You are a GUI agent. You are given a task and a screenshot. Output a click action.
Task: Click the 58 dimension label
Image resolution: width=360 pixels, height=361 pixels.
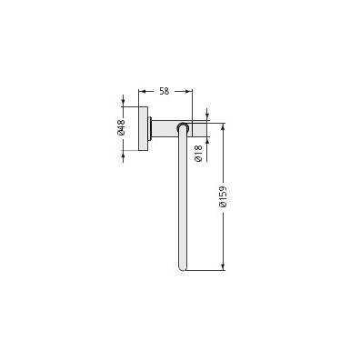point(164,91)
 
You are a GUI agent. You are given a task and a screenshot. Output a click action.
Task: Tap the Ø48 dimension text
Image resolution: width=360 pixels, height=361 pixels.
point(121,127)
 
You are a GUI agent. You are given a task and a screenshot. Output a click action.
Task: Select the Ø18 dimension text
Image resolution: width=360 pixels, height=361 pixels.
point(198,154)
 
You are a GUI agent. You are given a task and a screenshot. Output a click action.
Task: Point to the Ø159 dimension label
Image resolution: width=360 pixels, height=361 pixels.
point(223,196)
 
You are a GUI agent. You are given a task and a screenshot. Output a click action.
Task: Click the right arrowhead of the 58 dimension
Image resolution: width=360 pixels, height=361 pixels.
point(188,91)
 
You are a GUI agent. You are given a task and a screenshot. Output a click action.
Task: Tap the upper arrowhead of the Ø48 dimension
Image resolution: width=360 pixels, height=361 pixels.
point(123,103)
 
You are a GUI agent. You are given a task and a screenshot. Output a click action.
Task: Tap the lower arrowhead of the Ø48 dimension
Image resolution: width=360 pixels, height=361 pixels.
point(123,155)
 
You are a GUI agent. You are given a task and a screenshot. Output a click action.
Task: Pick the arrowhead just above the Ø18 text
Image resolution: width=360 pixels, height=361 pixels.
point(207,141)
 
